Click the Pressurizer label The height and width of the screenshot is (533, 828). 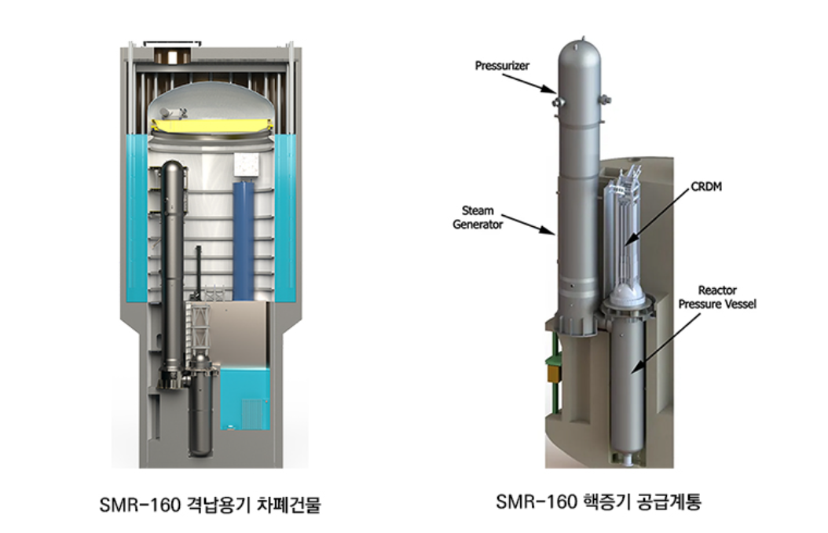click(x=502, y=66)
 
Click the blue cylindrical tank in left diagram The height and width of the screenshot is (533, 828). click(x=244, y=235)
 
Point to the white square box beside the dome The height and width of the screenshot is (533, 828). click(x=247, y=163)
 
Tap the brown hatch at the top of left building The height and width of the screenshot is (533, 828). click(x=168, y=57)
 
